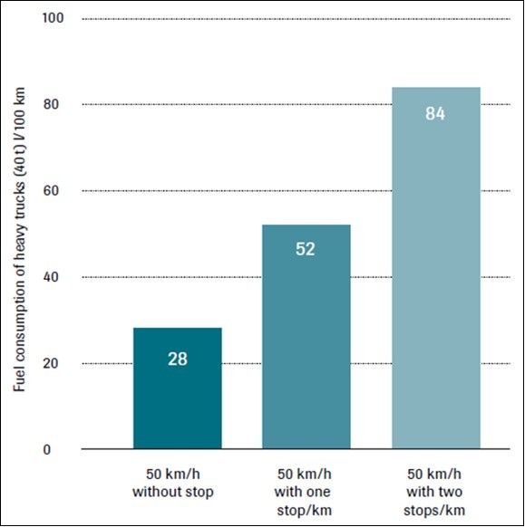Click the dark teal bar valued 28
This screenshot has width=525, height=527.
click(x=177, y=388)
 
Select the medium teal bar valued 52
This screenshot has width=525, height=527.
click(x=306, y=336)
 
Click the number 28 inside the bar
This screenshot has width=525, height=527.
click(x=177, y=359)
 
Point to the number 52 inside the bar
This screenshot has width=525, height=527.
click(x=306, y=249)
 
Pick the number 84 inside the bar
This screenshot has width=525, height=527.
click(x=435, y=114)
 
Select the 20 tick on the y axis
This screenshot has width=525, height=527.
click(x=53, y=363)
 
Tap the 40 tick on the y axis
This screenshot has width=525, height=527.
click(x=53, y=277)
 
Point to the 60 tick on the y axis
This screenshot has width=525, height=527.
click(x=53, y=191)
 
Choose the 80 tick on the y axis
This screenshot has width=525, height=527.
click(x=53, y=105)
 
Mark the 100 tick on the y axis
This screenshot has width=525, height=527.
click(x=49, y=18)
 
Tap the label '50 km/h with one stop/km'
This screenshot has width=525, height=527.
click(x=306, y=493)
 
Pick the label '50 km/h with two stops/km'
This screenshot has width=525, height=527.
click(x=435, y=493)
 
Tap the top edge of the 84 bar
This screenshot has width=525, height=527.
click(x=435, y=88)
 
